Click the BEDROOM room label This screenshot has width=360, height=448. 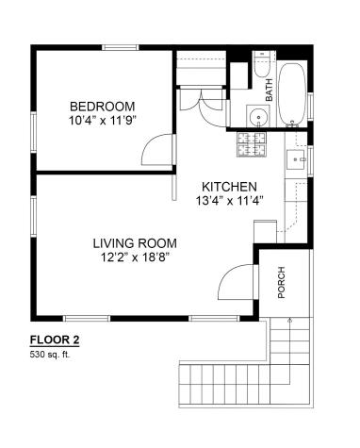click(103, 107)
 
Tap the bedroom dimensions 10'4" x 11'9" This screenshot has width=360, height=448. click(102, 121)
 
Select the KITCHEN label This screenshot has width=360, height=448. click(229, 187)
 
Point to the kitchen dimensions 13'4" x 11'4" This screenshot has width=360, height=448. click(229, 201)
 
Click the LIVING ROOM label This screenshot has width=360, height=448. click(135, 243)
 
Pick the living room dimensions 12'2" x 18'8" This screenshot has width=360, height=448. click(135, 257)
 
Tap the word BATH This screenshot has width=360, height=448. click(270, 90)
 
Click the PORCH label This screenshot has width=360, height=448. click(282, 282)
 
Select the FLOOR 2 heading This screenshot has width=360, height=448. click(55, 340)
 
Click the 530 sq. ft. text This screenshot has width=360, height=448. click(50, 355)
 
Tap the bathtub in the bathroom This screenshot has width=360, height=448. click(292, 94)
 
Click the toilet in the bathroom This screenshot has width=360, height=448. click(262, 64)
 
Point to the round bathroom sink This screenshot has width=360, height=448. click(258, 116)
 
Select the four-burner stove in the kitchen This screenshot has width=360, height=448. click(252, 144)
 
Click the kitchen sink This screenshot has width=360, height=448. click(296, 159)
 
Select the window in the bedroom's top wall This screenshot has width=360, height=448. click(121, 47)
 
